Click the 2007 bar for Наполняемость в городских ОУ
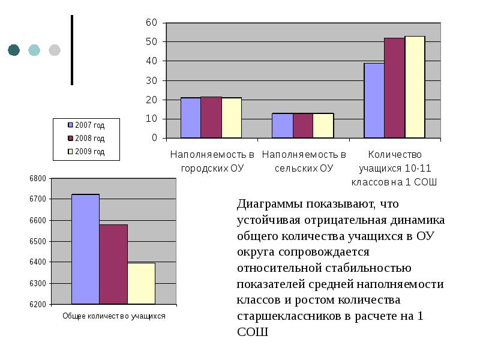pos(190,118)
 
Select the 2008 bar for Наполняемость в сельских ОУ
pos(302,125)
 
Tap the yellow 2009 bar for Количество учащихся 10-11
pos(415,87)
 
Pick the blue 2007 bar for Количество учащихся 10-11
pos(374,100)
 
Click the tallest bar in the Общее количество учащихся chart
pos(85,249)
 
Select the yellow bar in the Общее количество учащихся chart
pos(141,283)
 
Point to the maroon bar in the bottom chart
pos(113,264)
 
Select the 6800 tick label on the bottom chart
pos(37,178)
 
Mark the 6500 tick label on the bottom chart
pos(37,241)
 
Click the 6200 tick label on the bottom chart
pos(37,305)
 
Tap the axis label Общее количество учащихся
pos(114,316)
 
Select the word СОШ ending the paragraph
pos(252,331)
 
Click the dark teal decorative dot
pos(14,50)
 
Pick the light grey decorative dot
pos(55,50)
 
